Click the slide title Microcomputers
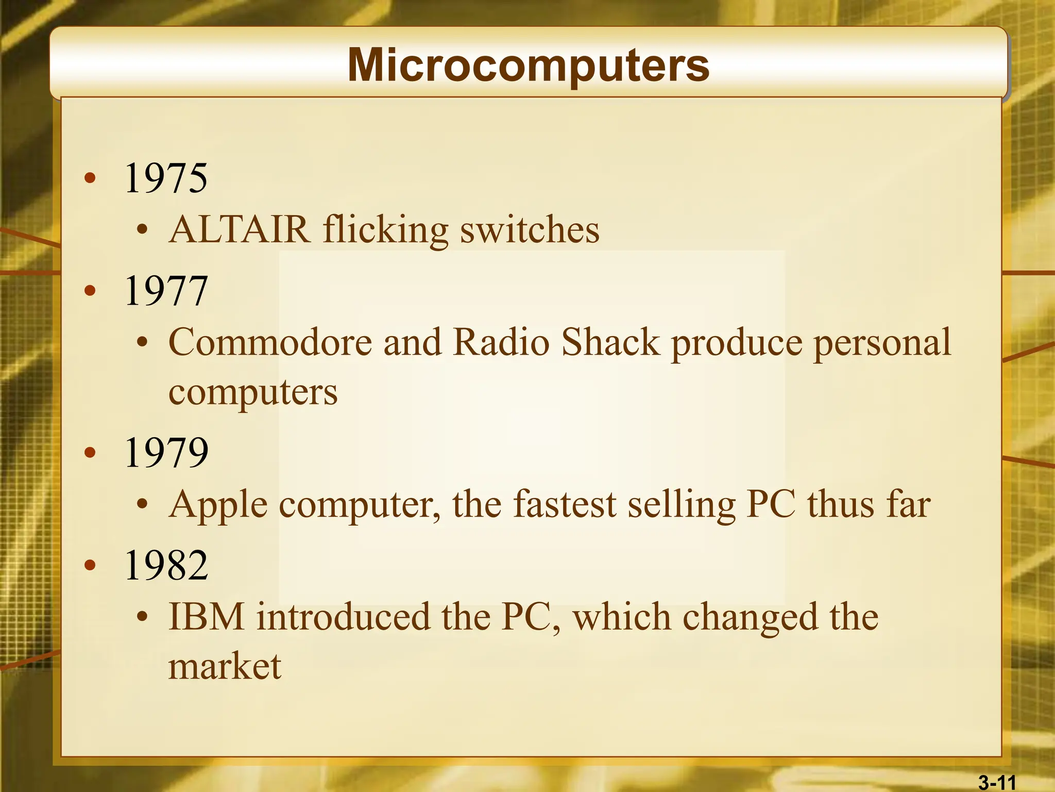pyautogui.click(x=528, y=65)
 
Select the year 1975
pyautogui.click(x=166, y=178)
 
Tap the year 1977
pyautogui.click(x=166, y=291)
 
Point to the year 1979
pyautogui.click(x=166, y=452)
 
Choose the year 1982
pyautogui.click(x=166, y=565)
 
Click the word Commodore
pyautogui.click(x=270, y=342)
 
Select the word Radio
pyautogui.click(x=501, y=342)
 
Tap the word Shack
pyautogui.click(x=610, y=342)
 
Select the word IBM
pyautogui.click(x=207, y=617)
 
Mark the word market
pyautogui.click(x=225, y=666)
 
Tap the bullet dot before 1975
pyautogui.click(x=91, y=178)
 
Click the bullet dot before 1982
pyautogui.click(x=91, y=566)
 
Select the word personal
pyautogui.click(x=881, y=343)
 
